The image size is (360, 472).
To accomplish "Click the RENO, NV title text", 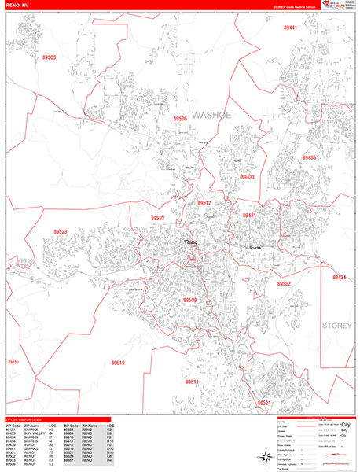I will click(x=19, y=6).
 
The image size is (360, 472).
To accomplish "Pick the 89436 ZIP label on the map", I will click(x=309, y=158).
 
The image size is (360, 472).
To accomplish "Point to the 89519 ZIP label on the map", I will click(x=117, y=363).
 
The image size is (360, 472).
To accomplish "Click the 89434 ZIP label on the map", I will click(x=339, y=278).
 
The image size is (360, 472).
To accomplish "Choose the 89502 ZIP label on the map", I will click(x=284, y=283).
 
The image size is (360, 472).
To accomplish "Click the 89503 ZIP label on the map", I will click(x=158, y=219).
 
